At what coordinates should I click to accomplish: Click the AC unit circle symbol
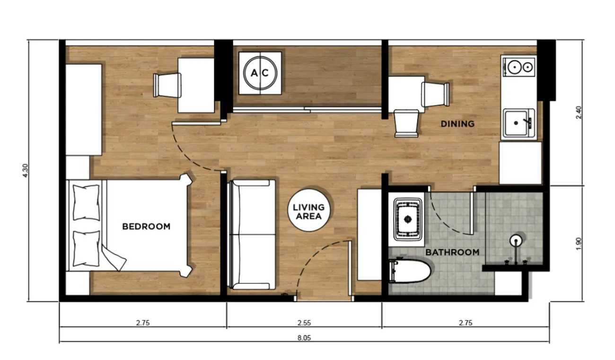(x=260, y=73)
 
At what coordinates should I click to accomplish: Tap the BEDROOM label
(x=146, y=227)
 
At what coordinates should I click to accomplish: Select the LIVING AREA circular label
(x=309, y=210)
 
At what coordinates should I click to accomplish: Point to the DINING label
(x=457, y=124)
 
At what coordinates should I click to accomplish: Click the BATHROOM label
(x=452, y=252)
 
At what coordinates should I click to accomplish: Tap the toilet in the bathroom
(x=409, y=271)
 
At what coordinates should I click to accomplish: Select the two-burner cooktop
(x=518, y=67)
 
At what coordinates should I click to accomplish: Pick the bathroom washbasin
(x=408, y=219)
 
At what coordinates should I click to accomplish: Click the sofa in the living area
(x=253, y=235)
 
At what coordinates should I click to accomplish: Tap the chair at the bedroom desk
(x=167, y=85)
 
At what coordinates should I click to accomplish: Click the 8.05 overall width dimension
(x=304, y=338)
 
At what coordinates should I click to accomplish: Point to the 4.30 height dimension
(x=25, y=170)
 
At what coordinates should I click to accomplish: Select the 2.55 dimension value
(x=304, y=323)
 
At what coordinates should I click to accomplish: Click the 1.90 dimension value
(x=579, y=244)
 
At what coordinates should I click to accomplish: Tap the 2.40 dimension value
(x=579, y=113)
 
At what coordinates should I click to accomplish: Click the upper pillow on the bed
(x=86, y=202)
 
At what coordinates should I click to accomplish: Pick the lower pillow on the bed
(x=86, y=249)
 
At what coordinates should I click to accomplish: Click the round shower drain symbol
(x=516, y=241)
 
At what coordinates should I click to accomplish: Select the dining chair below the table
(x=406, y=123)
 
